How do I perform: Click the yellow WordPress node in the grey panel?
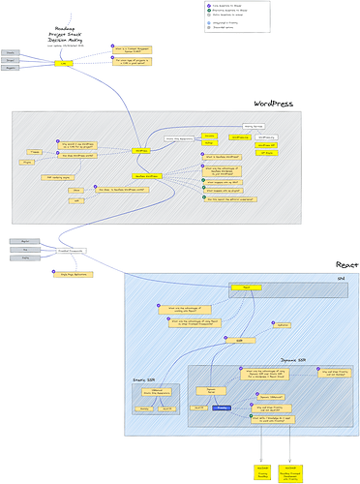pos(142,150)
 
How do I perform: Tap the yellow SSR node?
pos(239,341)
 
